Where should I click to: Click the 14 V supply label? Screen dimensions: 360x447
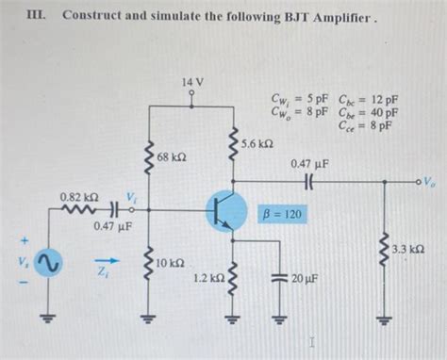pos(191,83)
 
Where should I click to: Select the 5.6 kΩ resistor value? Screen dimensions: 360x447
pos(257,143)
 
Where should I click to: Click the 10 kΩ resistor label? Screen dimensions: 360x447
pos(170,261)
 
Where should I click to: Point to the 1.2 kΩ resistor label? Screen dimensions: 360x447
pos(207,279)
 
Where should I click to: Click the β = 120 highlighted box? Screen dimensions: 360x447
pos(282,215)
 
